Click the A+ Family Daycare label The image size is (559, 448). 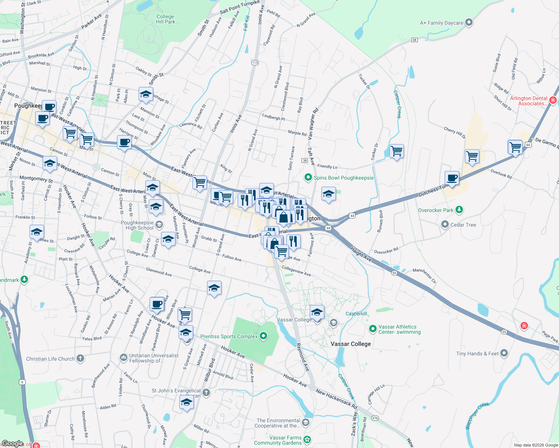coord(442,23)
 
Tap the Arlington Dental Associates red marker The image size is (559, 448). coord(553,100)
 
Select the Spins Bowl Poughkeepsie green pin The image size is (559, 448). coord(308,177)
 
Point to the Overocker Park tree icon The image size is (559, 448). coord(459,210)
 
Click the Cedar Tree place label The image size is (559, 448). coord(463,225)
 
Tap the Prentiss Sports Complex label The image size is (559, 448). coord(229,336)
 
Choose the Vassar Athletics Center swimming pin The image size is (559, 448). coord(373,329)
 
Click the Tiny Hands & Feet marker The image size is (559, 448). coord(504,353)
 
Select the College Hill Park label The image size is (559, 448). coord(165,19)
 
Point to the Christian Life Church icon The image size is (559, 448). coord(80,358)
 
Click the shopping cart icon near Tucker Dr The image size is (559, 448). coord(396,151)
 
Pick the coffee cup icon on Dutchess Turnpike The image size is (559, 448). coord(452,178)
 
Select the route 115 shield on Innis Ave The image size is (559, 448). coord(255,62)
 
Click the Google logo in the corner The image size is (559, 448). coord(13,444)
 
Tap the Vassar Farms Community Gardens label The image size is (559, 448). coord(278,440)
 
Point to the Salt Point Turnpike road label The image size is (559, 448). coord(240,7)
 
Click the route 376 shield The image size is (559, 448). coord(375,418)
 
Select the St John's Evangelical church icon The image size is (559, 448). coord(206,392)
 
